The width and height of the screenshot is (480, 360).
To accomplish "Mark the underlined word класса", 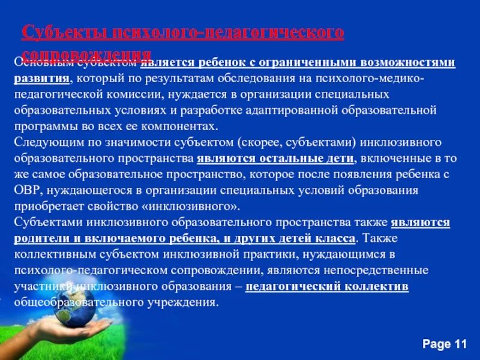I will [338, 238].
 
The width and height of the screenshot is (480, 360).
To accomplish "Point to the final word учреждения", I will [181, 302].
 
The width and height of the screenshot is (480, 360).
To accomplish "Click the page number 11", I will [460, 344].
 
